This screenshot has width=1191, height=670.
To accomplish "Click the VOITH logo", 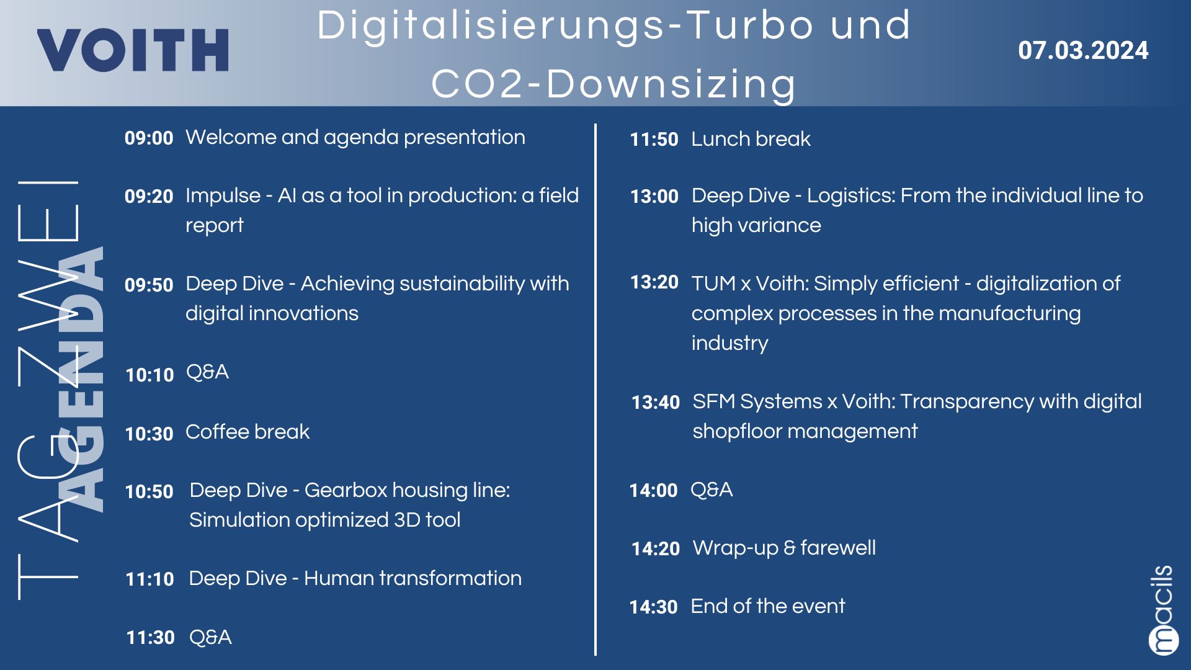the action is tap(133, 50).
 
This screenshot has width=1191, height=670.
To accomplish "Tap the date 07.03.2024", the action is tap(1083, 50).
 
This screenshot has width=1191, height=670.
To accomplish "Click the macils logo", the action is tap(1162, 610).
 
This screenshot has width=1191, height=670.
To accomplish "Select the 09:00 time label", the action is tap(149, 138).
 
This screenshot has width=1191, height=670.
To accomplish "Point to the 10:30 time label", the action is tap(149, 434).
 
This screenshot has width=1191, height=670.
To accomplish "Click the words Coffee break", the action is tap(248, 432).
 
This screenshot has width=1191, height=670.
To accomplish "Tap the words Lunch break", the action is tap(751, 139).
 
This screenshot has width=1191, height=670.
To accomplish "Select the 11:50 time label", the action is tap(654, 139).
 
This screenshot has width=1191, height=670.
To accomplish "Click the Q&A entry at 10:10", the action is tap(207, 372).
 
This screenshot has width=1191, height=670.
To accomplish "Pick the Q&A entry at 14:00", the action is tap(711, 490).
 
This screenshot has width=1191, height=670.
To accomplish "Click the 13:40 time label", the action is tap(656, 403).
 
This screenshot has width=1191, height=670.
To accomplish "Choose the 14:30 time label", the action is tap(653, 607).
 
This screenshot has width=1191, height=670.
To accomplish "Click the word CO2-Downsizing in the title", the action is tap(613, 84).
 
